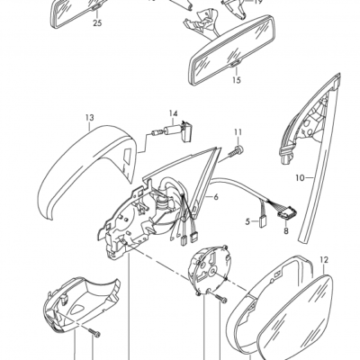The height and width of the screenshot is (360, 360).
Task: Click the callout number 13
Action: [x=90, y=118]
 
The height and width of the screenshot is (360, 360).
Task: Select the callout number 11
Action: [x=238, y=132]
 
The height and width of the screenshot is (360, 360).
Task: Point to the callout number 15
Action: [x=237, y=80]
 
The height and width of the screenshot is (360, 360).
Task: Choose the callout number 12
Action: [x=325, y=260]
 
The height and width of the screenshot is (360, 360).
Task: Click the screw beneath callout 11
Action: [x=236, y=152]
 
